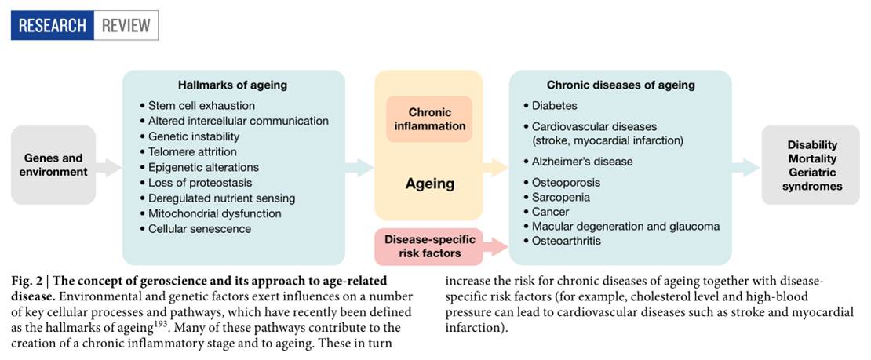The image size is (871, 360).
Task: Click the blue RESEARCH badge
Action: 52,25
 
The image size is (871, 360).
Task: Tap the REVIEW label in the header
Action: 126,25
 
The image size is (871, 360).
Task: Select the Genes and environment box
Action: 53,165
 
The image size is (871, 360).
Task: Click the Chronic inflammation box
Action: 428,119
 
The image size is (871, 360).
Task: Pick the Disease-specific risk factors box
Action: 428,246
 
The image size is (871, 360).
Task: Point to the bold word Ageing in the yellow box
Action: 429,184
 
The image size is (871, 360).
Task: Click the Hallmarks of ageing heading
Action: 232,85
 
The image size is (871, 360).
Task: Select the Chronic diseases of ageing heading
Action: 620,85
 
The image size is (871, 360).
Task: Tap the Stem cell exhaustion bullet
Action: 201,105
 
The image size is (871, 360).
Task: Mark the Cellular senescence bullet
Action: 199,229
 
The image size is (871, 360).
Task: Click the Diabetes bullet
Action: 554,105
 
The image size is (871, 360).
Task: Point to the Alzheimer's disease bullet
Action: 581,162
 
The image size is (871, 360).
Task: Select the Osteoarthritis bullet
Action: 566,241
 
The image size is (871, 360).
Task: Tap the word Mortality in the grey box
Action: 812,158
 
